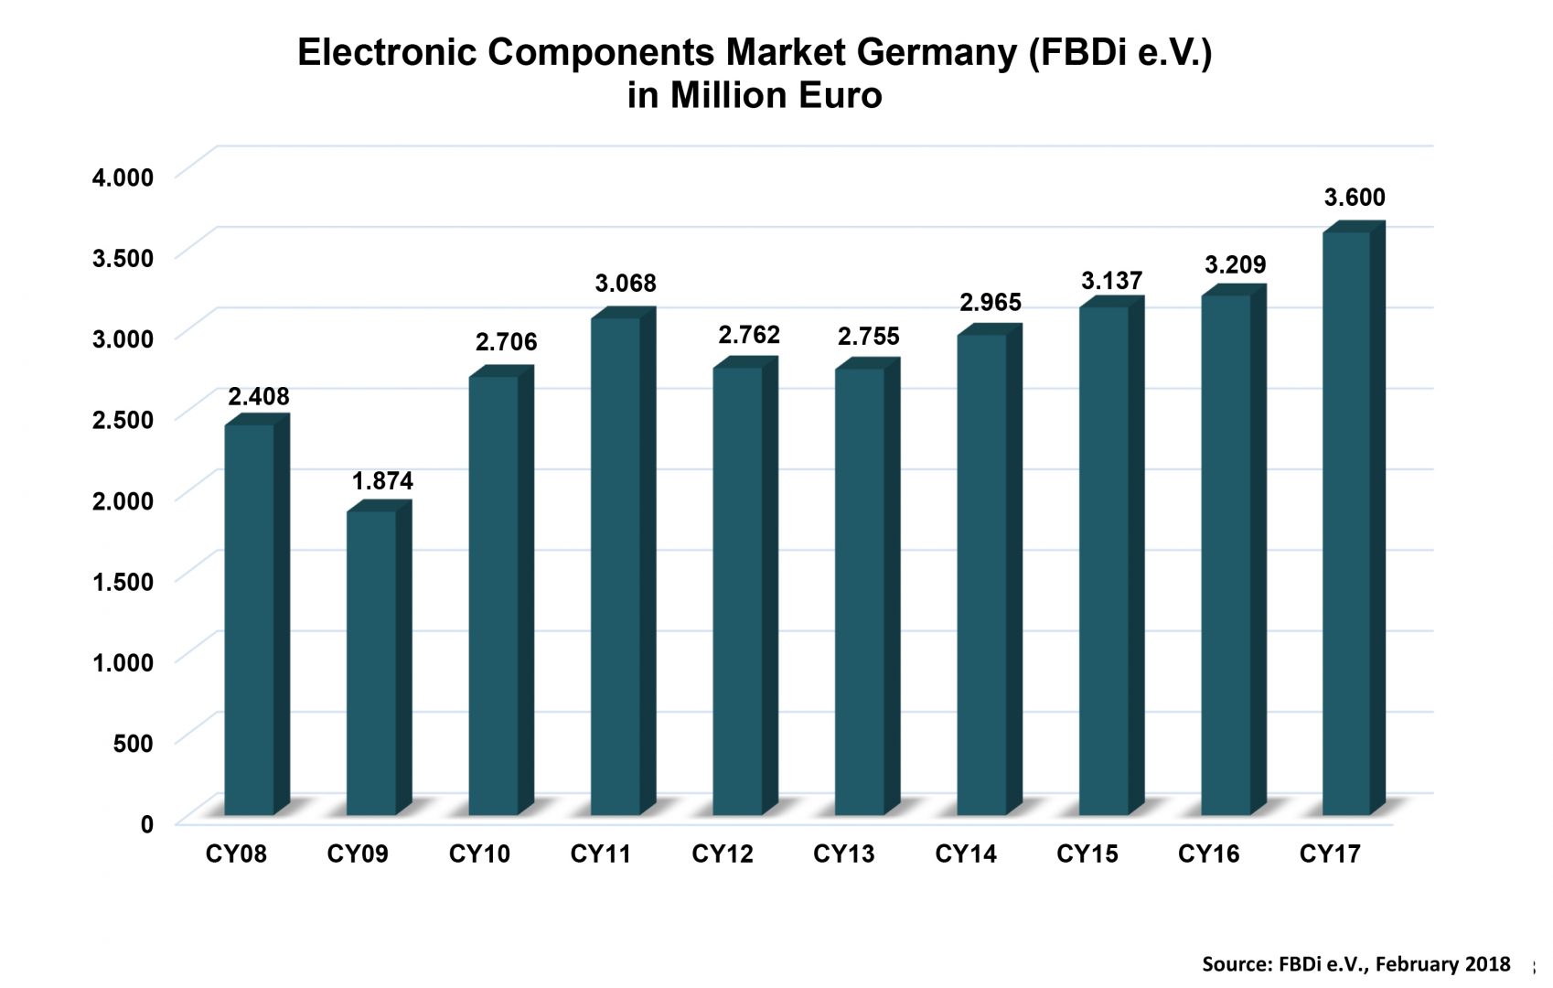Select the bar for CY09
[x=371, y=662]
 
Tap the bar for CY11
[x=616, y=566]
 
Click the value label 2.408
[x=258, y=397]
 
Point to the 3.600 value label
[x=1355, y=198]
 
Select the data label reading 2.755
[x=868, y=337]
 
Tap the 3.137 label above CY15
[x=1111, y=281]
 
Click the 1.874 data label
[x=382, y=481]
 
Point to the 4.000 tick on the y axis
[x=123, y=177]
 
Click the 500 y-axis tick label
[x=133, y=743]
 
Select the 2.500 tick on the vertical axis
[x=123, y=420]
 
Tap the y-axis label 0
[x=147, y=824]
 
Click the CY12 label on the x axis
[x=722, y=854]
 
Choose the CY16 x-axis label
[x=1208, y=854]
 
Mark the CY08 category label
[x=236, y=854]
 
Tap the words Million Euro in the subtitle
[x=776, y=96]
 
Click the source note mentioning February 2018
[x=1355, y=963]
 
